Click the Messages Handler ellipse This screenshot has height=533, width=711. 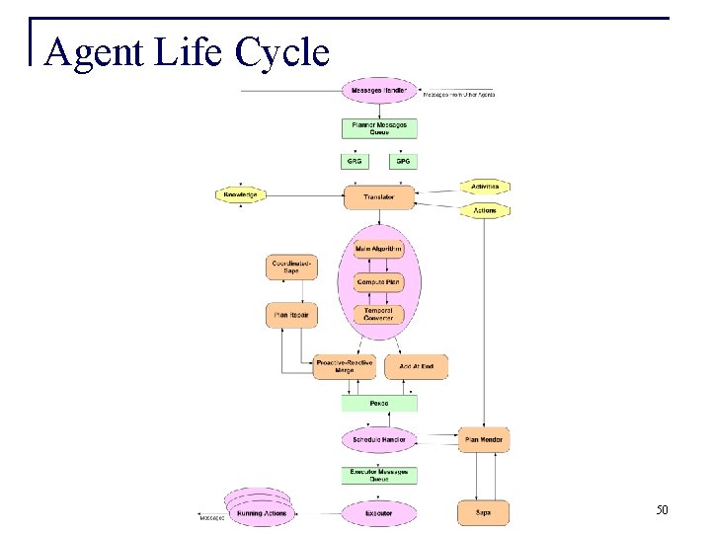point(379,92)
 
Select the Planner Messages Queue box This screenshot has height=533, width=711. point(379,128)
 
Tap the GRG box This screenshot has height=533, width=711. point(355,161)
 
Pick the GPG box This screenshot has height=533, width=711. point(403,161)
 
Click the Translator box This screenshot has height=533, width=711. point(379,197)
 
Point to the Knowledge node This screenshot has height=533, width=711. point(241,195)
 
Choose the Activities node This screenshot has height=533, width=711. point(485,186)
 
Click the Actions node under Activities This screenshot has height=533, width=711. point(485,210)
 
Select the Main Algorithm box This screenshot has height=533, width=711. point(378,250)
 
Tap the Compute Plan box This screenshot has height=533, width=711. point(378,282)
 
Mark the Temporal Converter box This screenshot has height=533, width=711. point(378,315)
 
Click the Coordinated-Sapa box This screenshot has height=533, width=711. point(291,267)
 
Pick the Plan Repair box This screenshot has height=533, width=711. point(291,316)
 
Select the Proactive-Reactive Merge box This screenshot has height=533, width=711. point(345,366)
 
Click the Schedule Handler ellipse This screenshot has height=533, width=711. point(379,439)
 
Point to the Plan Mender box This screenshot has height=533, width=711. point(484,439)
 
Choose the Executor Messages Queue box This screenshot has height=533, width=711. point(379,476)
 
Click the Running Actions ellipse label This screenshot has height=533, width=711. point(262,513)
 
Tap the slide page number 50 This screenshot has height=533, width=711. point(662,510)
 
